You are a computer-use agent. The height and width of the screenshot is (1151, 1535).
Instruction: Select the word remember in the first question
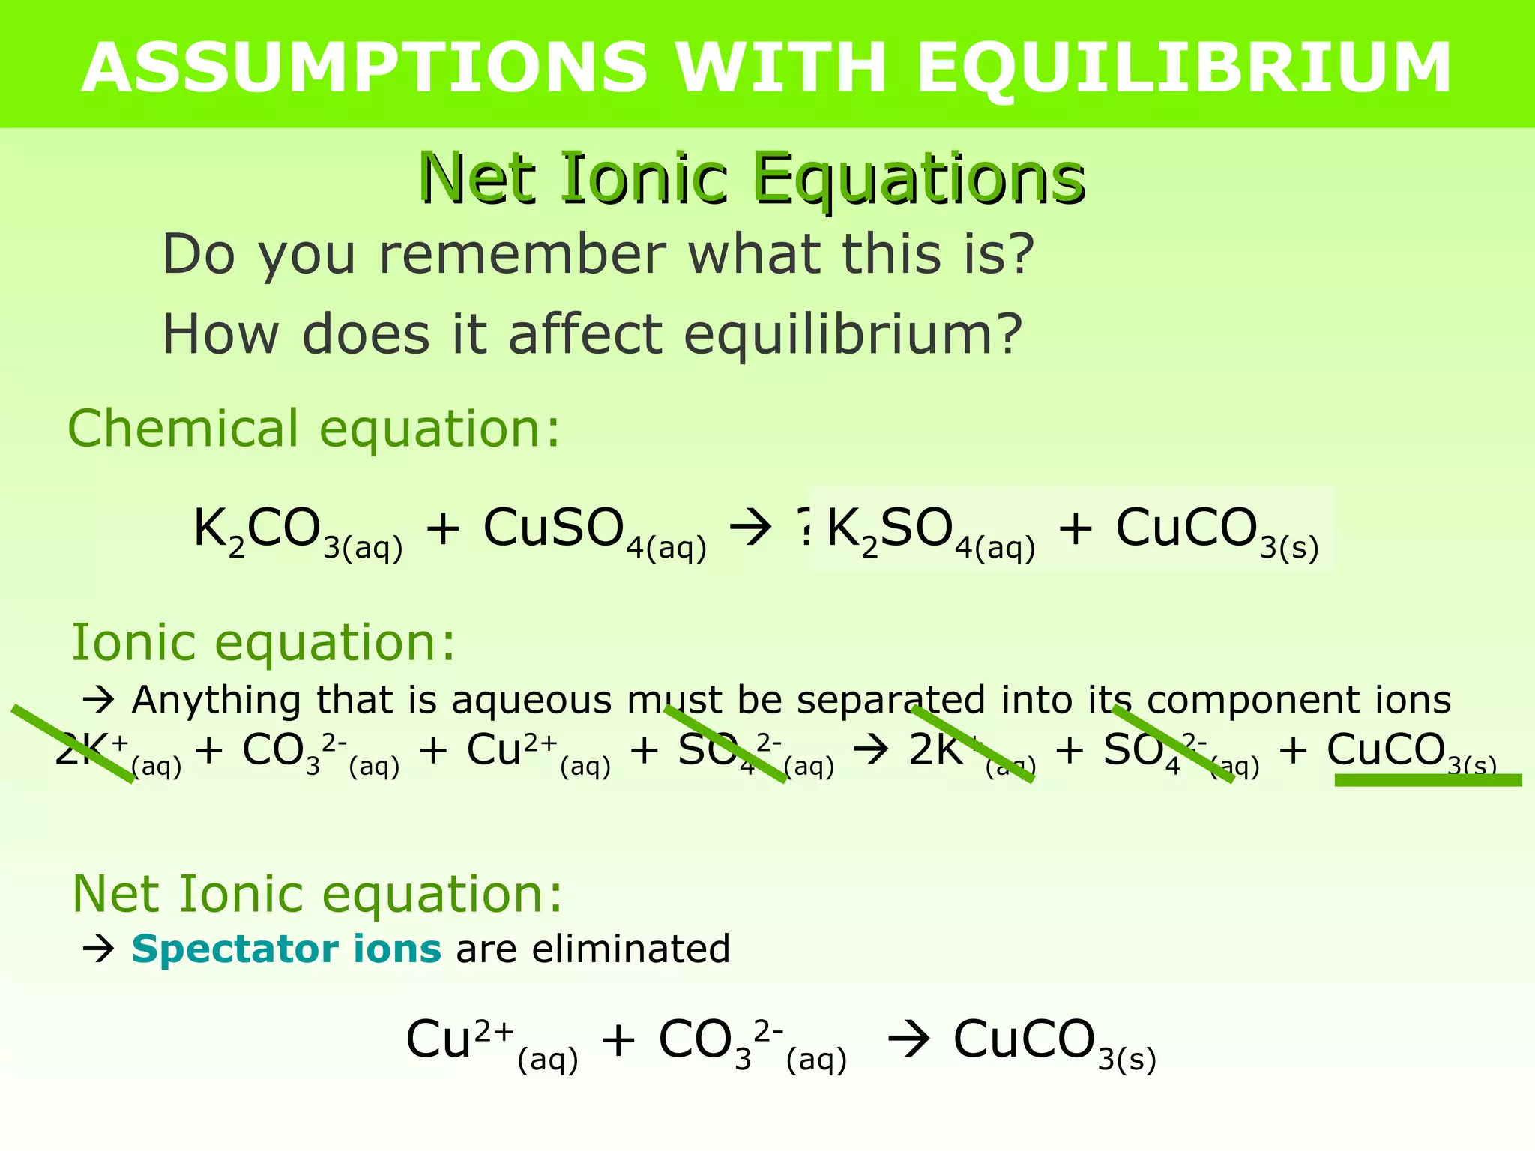522,255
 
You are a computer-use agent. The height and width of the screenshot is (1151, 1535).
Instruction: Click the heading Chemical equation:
314,429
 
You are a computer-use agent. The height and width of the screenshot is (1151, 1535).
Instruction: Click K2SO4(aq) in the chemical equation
930,531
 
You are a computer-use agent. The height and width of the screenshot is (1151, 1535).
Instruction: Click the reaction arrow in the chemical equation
750,528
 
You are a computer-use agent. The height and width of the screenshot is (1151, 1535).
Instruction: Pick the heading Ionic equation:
263,643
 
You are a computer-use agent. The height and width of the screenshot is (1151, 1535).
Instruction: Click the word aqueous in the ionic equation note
532,701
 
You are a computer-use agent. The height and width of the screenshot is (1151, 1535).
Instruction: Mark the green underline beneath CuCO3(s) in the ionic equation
1428,780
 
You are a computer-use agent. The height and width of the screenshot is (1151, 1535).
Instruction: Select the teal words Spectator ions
286,949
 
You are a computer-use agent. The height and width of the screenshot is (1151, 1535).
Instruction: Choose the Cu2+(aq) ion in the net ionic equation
492,1042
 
